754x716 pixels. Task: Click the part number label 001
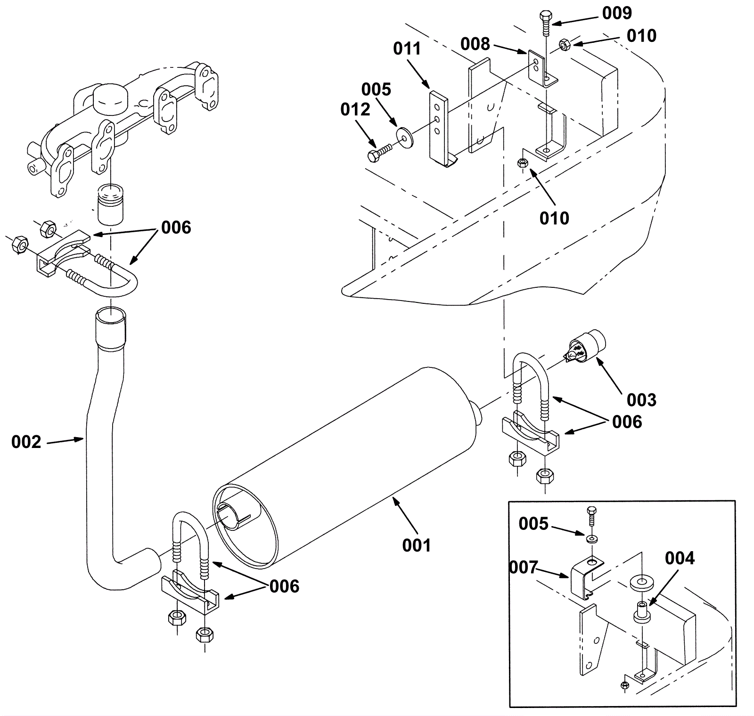[x=416, y=545]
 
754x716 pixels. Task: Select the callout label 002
[x=26, y=442]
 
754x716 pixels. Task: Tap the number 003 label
[x=641, y=400]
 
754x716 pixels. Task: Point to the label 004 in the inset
[x=680, y=558]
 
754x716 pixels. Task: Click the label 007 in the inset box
[x=524, y=567]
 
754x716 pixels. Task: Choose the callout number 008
[x=475, y=44]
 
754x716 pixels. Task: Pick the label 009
[x=617, y=13]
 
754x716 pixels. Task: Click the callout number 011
[x=407, y=49]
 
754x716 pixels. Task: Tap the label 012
[x=355, y=109]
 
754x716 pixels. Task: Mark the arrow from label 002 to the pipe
[x=66, y=440]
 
